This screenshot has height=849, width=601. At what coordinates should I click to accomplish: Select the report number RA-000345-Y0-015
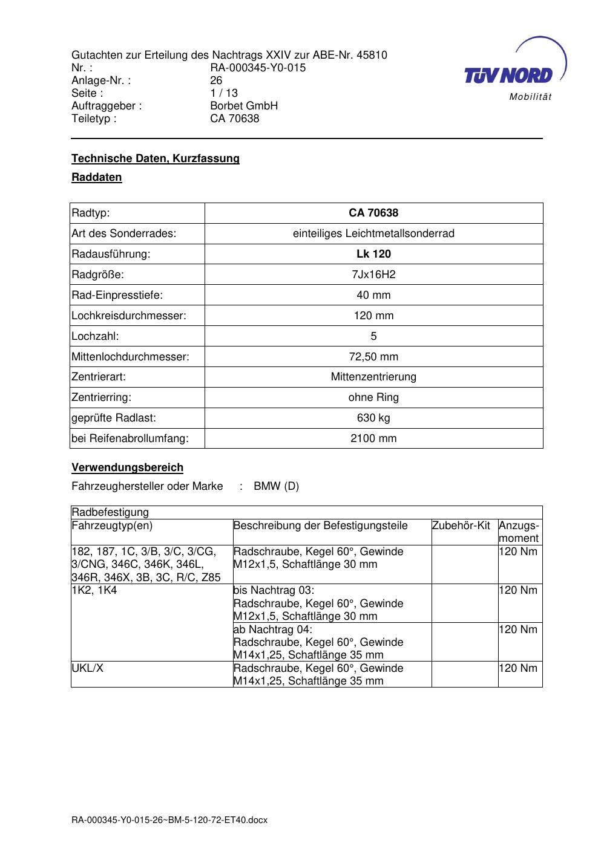258,68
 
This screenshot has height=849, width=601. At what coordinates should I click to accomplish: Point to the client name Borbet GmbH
244,106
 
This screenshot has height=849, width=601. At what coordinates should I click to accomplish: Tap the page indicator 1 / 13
224,93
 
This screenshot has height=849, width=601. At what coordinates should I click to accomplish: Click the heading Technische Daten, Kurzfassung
156,158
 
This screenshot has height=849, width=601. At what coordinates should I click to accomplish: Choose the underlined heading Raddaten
97,177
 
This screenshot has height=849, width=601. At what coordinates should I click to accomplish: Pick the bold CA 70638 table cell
373,213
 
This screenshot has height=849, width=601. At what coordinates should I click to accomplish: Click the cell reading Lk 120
373,254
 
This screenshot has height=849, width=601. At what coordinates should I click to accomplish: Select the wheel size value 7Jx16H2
373,275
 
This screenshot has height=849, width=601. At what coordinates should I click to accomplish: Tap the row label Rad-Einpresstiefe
117,295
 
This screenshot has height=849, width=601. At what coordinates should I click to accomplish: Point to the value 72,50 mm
373,357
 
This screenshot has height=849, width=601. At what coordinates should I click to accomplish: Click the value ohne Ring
373,397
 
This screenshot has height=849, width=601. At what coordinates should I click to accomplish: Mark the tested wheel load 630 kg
373,418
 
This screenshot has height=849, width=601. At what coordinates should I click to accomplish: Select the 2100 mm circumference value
373,438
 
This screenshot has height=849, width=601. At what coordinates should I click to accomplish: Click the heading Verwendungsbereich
127,467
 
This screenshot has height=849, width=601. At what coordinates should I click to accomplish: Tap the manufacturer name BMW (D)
276,486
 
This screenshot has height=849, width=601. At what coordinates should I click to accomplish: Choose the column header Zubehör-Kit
461,525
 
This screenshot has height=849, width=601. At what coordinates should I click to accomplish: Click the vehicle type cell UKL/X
88,668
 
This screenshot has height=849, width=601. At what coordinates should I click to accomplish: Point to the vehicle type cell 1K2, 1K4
94,590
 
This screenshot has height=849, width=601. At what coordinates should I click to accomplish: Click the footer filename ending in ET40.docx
169,820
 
